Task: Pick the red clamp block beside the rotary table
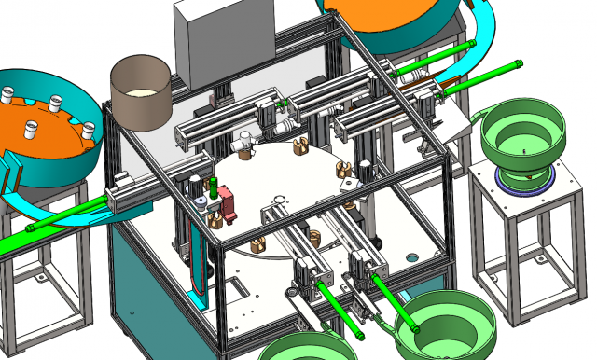(227, 202)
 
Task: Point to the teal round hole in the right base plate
(410, 255)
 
